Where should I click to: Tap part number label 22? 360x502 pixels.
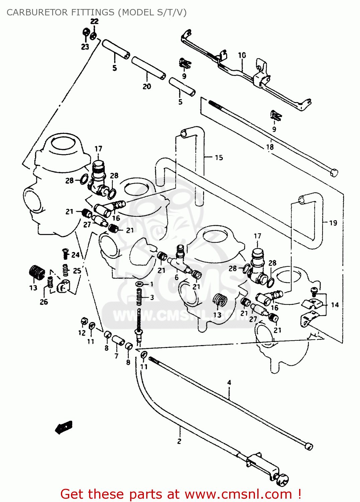coord(95,21)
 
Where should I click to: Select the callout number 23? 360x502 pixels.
coord(85,47)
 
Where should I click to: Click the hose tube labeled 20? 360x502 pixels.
coord(148,69)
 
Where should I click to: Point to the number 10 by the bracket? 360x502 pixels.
coord(242,55)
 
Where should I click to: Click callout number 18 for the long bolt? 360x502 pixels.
coord(270,147)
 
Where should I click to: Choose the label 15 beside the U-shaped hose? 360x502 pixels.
coord(219,158)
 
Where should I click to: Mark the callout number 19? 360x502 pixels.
coord(333,223)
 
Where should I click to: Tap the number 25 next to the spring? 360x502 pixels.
coord(77,270)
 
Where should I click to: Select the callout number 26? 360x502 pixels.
coord(44,302)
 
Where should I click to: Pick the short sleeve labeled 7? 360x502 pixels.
coord(118,340)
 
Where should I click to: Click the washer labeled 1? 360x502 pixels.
coord(140,284)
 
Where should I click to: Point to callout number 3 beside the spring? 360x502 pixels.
coord(152,297)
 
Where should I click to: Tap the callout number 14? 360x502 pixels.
coord(335,305)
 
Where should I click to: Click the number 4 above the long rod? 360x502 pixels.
coord(229,383)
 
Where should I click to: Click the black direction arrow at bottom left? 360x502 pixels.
coord(64,427)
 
